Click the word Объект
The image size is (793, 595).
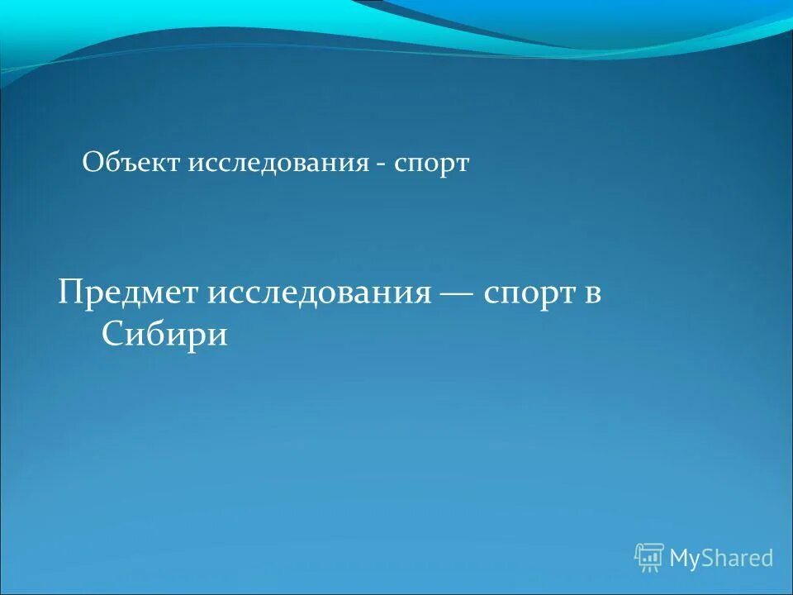pyautogui.click(x=131, y=163)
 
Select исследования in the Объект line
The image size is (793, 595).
pyautogui.click(x=278, y=164)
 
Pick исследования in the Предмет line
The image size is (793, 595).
pyautogui.click(x=320, y=295)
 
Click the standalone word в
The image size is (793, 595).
pyautogui.click(x=592, y=296)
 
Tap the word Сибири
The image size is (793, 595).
pyautogui.click(x=164, y=334)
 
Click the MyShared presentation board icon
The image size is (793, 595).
pyautogui.click(x=649, y=558)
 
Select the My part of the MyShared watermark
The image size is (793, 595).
pyautogui.click(x=685, y=559)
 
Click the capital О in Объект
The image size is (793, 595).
pyautogui.click(x=92, y=163)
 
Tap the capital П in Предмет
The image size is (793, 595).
pyautogui.click(x=70, y=294)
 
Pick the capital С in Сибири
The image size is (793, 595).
pyautogui.click(x=112, y=334)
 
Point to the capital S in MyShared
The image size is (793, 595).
pyautogui.click(x=710, y=558)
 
